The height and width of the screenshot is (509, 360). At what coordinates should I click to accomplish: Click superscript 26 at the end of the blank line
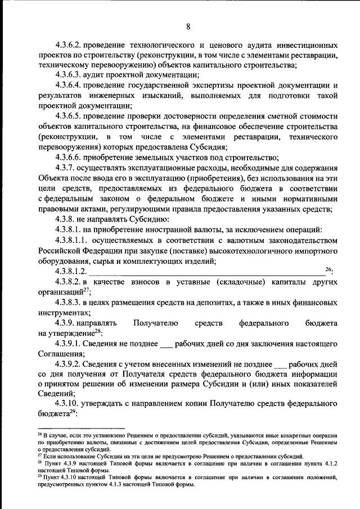329,269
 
